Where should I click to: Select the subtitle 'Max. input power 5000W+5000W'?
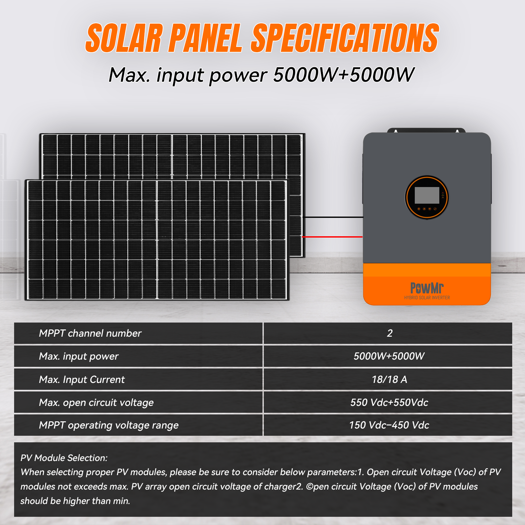pos(261,75)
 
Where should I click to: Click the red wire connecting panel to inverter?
pos(332,237)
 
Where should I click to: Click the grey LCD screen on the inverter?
pos(427,195)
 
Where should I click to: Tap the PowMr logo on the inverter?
pos(427,288)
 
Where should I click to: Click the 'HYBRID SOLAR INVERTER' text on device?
pos(427,298)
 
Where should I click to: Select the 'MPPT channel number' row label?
pos(90,333)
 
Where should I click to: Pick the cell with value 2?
pos(389,333)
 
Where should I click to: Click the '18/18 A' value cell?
pos(389,380)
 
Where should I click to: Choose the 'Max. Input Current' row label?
pos(82,380)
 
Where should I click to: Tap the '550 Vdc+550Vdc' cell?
pos(389,403)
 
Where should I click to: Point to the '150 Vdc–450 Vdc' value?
pos(389,425)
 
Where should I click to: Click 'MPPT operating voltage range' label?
pos(109,425)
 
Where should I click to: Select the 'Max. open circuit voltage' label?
pos(96,403)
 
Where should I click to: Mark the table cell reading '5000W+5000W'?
pos(389,356)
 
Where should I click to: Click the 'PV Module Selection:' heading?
pos(64,458)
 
